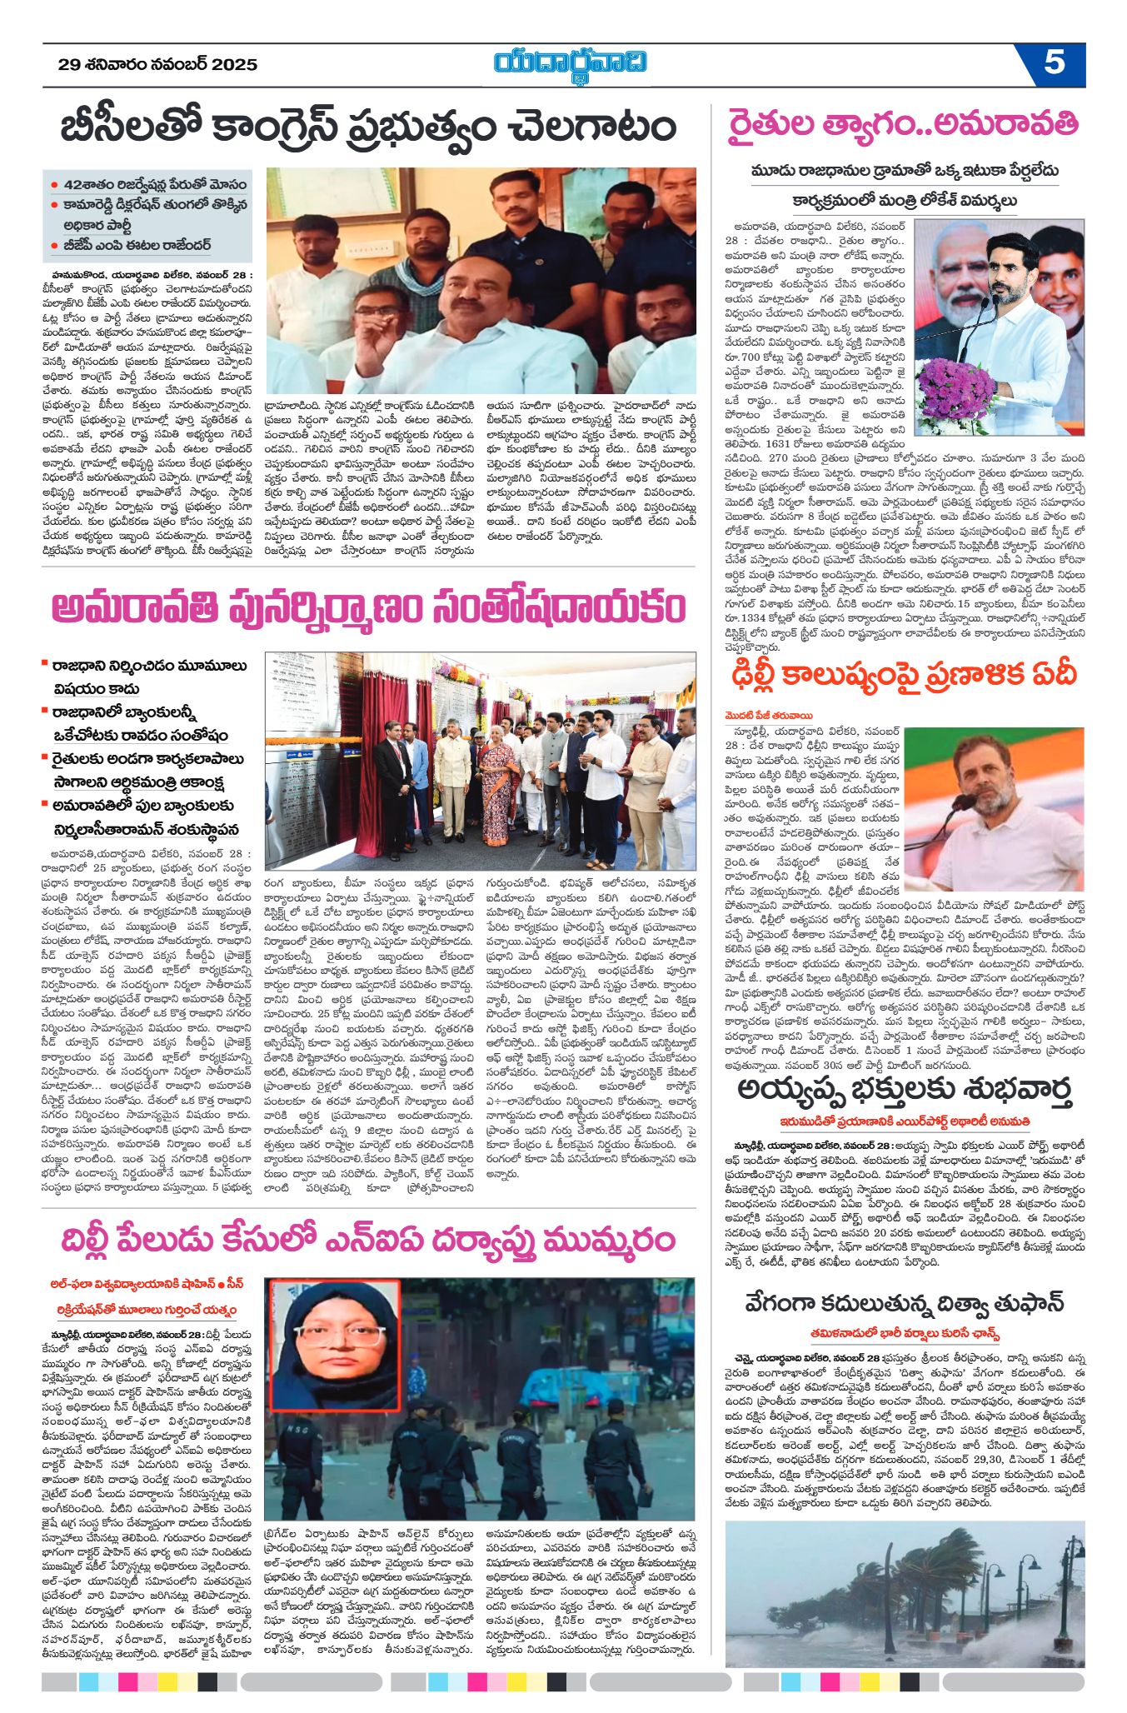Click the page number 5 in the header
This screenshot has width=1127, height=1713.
pos(1054,63)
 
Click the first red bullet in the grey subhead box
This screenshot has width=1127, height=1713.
pos(54,185)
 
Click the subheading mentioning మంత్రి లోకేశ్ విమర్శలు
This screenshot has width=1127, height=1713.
pos(904,201)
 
